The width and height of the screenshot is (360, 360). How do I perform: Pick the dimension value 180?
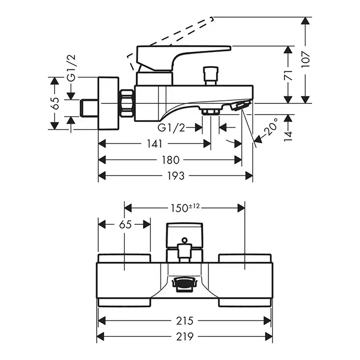[x=170, y=160]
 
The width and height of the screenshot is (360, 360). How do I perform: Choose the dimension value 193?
[x=175, y=176]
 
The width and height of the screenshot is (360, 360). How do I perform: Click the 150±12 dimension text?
[x=185, y=208]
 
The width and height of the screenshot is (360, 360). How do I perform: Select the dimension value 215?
[x=184, y=321]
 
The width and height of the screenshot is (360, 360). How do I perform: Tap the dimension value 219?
[x=184, y=337]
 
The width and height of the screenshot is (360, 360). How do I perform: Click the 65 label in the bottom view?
[x=125, y=224]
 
